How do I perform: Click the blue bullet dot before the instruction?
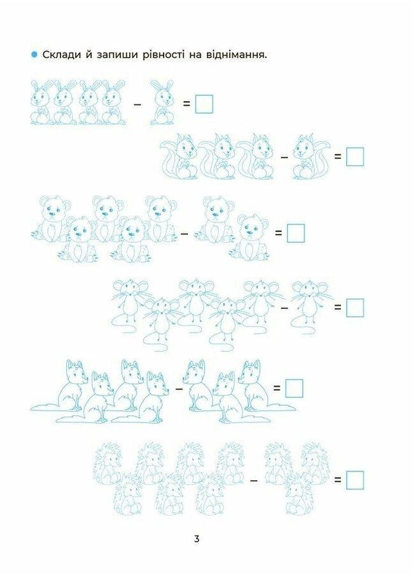pos(34,55)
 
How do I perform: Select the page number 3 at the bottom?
pos(197,539)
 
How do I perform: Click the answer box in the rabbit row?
pos(204,104)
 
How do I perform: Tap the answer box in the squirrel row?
pos(355,156)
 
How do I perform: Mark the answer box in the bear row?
pos(296,233)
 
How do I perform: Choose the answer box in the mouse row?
pos(355,307)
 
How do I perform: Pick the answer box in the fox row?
pos(294,389)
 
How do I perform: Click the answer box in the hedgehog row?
pos(355,480)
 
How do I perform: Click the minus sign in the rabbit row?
pos(138,105)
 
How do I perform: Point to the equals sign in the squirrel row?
pos(337,156)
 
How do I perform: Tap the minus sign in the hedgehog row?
pos(253,480)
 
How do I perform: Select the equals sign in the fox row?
pos(276,388)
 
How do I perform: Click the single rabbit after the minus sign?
pos(163,102)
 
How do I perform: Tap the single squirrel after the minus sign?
pos(310,156)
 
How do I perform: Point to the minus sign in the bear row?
pos(184,233)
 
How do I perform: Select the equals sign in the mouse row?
pos(337,307)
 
